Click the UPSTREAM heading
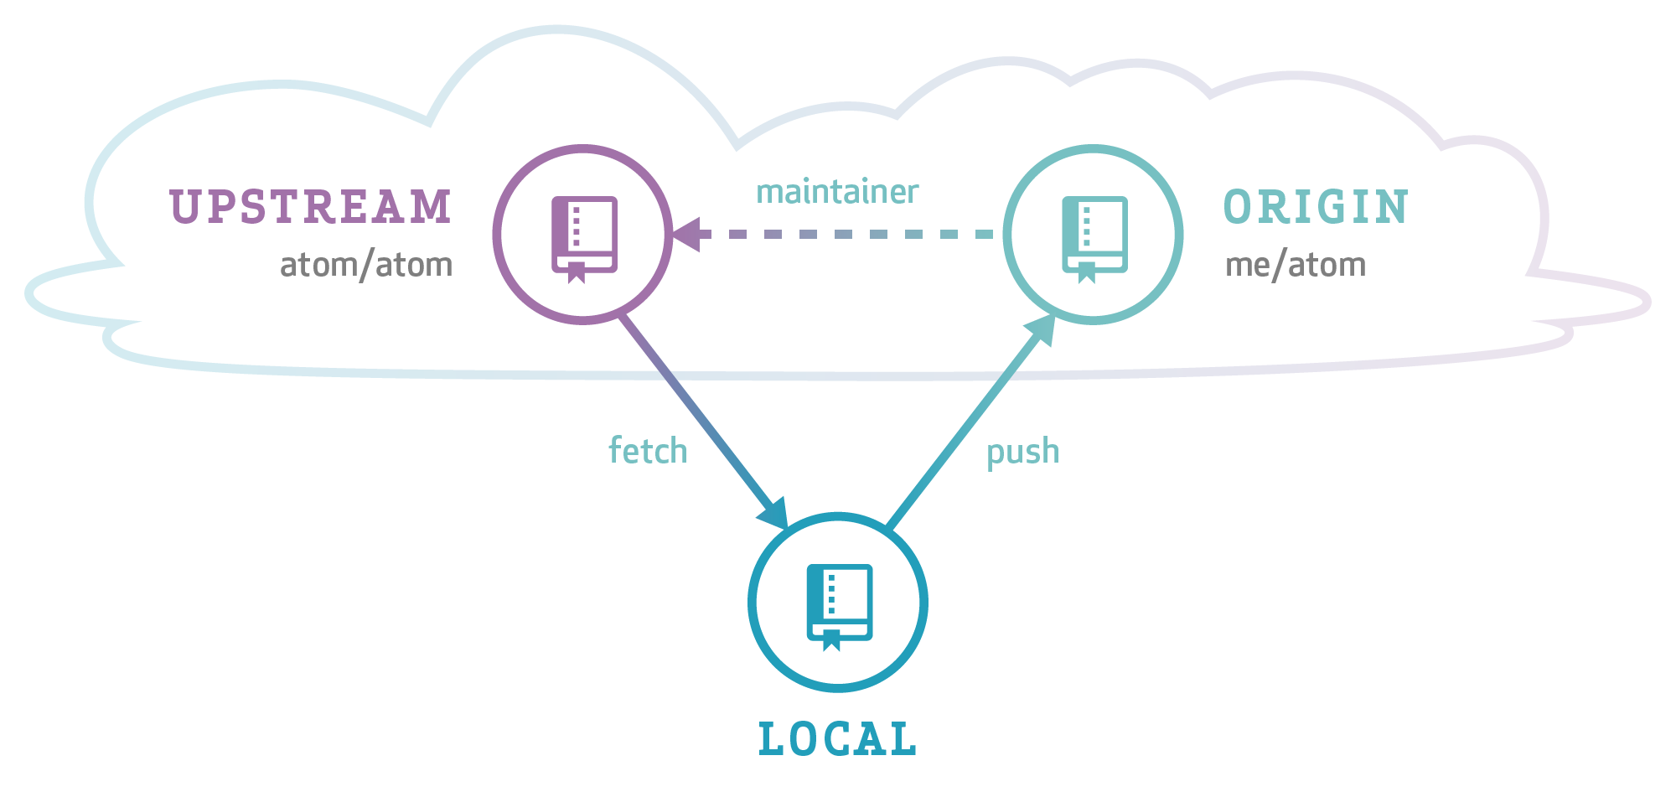[x=311, y=207]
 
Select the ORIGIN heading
[x=1316, y=207]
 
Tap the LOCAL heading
[x=837, y=739]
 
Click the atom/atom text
[x=366, y=265]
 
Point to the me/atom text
[x=1296, y=265]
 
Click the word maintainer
[x=837, y=192]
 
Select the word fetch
[x=648, y=451]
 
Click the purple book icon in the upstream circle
[x=584, y=237]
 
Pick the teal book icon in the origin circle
[x=1094, y=237]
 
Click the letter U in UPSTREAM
[x=184, y=207]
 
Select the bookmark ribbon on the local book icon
[x=830, y=639]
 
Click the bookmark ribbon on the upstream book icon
[x=576, y=272]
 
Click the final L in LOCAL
[x=903, y=739]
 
